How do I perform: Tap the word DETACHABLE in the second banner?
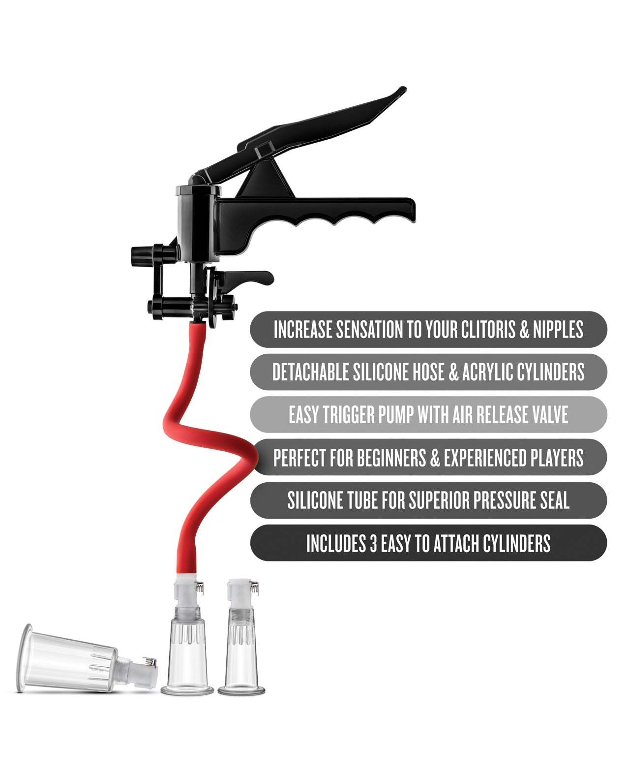coord(311,372)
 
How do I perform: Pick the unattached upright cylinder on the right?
coord(241,654)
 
